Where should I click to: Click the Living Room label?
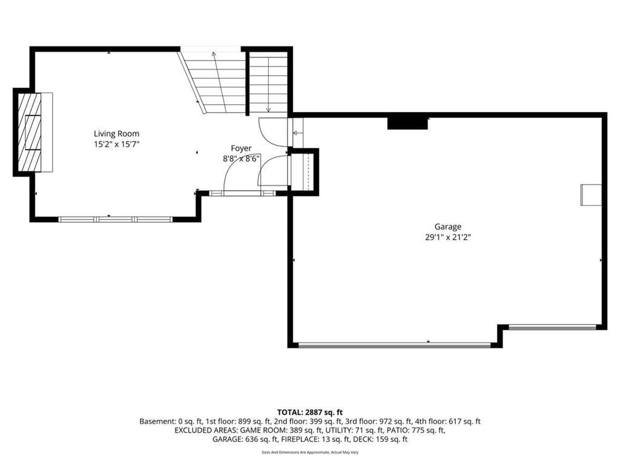click(116, 134)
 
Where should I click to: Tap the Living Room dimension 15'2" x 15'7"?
click(116, 144)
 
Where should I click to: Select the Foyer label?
click(241, 148)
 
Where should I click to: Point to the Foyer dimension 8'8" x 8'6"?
click(241, 159)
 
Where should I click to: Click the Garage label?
click(448, 226)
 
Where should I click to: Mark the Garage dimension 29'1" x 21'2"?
click(448, 237)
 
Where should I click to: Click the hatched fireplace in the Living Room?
click(29, 132)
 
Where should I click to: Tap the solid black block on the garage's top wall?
click(407, 123)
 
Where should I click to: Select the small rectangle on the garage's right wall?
click(591, 195)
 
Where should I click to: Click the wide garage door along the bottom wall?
click(395, 346)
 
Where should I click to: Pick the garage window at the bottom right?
click(552, 328)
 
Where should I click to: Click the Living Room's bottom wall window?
click(116, 219)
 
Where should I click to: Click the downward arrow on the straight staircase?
click(268, 84)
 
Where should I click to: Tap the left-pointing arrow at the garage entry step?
click(297, 133)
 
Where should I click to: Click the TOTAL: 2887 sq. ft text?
click(310, 412)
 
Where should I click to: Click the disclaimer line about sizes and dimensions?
click(310, 452)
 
